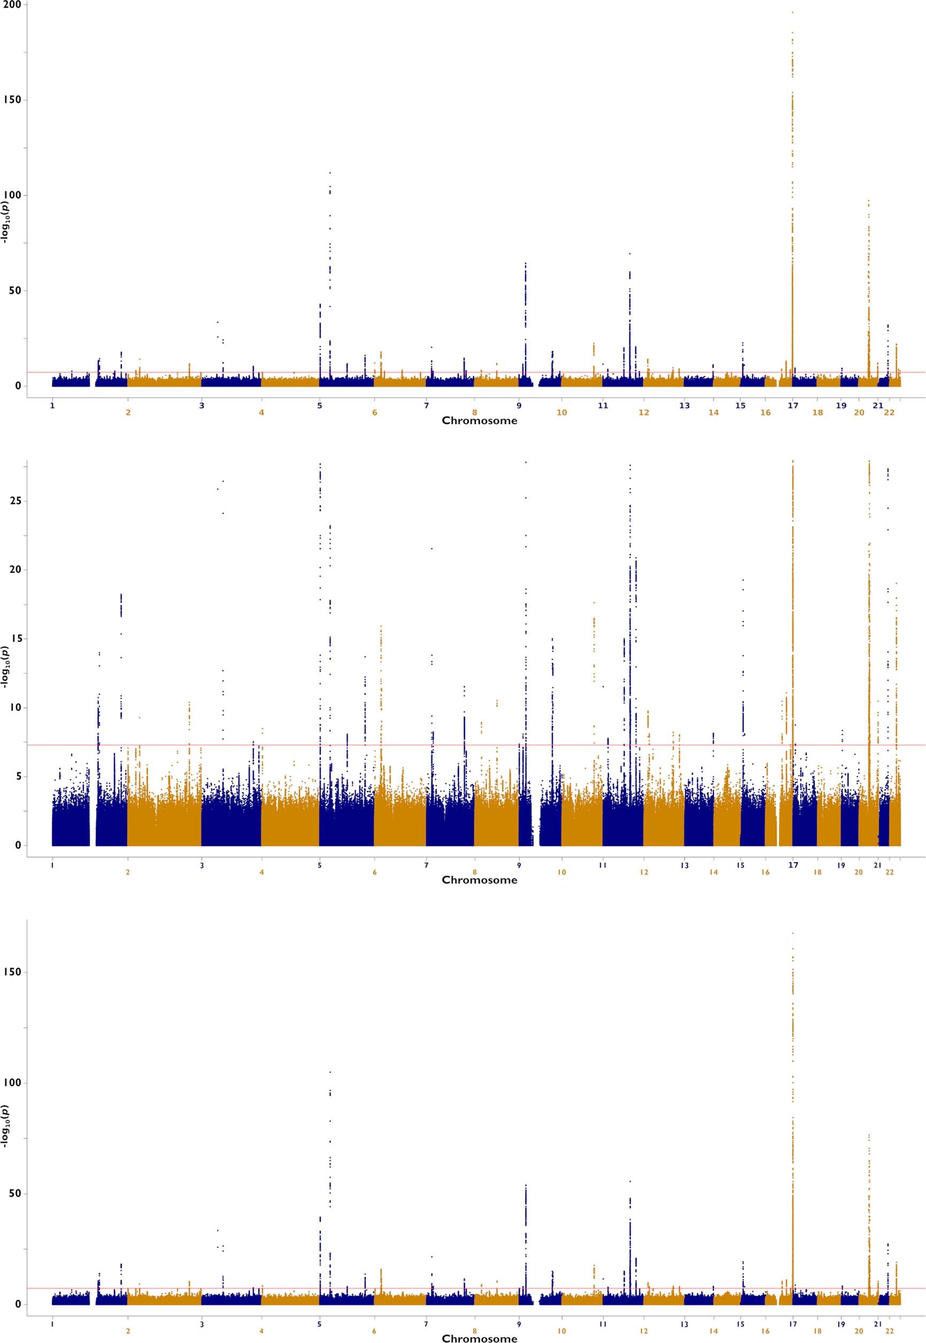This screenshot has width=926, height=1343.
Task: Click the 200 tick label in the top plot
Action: pyautogui.click(x=12, y=5)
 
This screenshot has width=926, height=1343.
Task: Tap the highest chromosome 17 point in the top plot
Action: pyautogui.click(x=792, y=12)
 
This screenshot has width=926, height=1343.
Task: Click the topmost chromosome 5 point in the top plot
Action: pyautogui.click(x=330, y=172)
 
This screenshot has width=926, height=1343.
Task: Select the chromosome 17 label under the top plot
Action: pyautogui.click(x=793, y=406)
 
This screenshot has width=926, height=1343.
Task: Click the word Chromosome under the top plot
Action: pyautogui.click(x=479, y=421)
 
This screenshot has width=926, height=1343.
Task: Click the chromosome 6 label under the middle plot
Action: pyautogui.click(x=375, y=872)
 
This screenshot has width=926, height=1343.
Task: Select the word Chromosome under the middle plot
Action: pyautogui.click(x=479, y=880)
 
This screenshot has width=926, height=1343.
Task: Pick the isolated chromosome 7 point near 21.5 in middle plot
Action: pyautogui.click(x=431, y=548)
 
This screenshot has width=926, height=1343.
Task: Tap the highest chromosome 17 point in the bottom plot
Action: pyautogui.click(x=792, y=933)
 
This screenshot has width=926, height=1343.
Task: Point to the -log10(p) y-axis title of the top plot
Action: pyautogui.click(x=6, y=222)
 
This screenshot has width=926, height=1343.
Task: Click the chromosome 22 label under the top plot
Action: pyautogui.click(x=890, y=413)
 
